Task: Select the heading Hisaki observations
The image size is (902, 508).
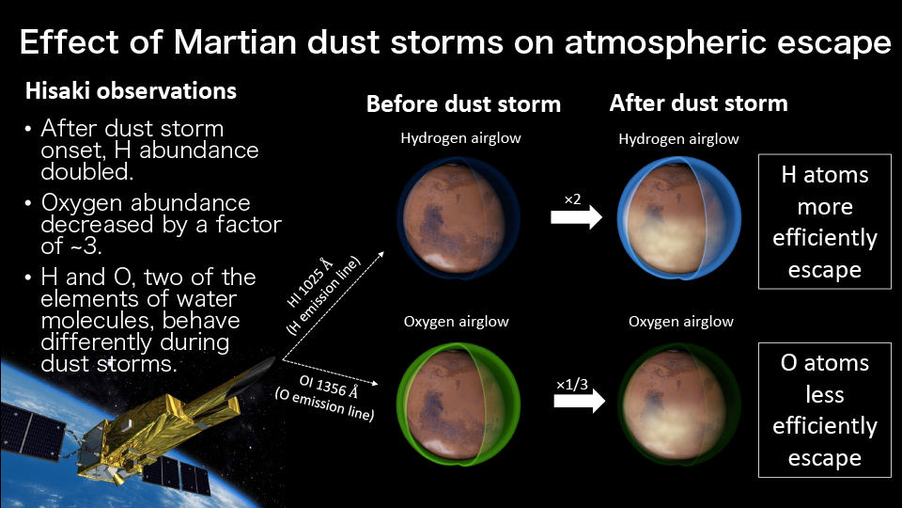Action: pyautogui.click(x=131, y=91)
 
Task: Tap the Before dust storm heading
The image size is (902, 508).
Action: pyautogui.click(x=463, y=104)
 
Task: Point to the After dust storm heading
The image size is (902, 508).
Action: pyautogui.click(x=698, y=103)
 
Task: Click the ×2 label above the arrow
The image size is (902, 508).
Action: pyautogui.click(x=572, y=199)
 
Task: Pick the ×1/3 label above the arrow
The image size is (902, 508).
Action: pyautogui.click(x=572, y=384)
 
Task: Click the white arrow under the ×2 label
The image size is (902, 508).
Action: pyautogui.click(x=576, y=217)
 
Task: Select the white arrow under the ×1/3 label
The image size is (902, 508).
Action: pyautogui.click(x=580, y=401)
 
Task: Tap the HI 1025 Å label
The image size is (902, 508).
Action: pyautogui.click(x=310, y=283)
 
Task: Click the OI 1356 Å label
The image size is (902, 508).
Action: pyautogui.click(x=329, y=387)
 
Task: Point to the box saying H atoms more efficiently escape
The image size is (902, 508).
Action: pyautogui.click(x=824, y=221)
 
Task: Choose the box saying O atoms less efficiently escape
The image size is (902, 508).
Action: pyautogui.click(x=824, y=410)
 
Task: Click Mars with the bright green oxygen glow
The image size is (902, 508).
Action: pyautogui.click(x=459, y=404)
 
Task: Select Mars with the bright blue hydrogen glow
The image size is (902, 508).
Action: pyautogui.click(x=678, y=218)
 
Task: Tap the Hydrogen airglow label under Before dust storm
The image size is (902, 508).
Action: pyautogui.click(x=460, y=138)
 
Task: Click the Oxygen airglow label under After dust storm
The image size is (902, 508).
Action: pyautogui.click(x=680, y=322)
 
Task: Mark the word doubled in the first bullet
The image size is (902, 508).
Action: pyautogui.click(x=86, y=171)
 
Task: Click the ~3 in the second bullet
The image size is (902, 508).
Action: pyautogui.click(x=86, y=246)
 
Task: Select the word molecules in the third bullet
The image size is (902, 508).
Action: pyautogui.click(x=97, y=320)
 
